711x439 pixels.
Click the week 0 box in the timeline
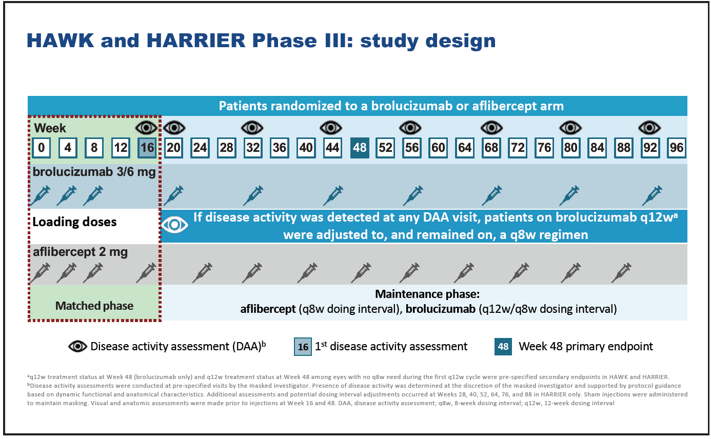[x=41, y=148]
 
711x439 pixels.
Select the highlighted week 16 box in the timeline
[x=147, y=148]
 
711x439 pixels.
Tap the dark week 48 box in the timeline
[x=360, y=148]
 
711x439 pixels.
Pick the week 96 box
[x=677, y=148]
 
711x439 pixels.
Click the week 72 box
[x=518, y=148]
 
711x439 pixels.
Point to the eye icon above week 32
[x=252, y=128]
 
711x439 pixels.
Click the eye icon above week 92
[x=650, y=128]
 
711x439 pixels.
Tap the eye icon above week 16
[x=146, y=128]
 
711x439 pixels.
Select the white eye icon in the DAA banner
[x=174, y=225]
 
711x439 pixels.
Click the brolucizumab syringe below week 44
[x=333, y=195]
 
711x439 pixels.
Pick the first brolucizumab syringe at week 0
[x=40, y=195]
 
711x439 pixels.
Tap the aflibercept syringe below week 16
[x=146, y=273]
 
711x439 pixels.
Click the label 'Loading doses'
[x=74, y=222]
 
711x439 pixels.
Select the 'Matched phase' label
[x=94, y=306]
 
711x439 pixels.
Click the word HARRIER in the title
[x=196, y=41]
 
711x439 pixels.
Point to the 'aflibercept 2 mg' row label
[x=81, y=252]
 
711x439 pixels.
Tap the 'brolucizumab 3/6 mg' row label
[x=94, y=172]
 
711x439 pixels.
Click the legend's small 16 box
[x=303, y=347]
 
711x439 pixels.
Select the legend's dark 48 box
[x=503, y=347]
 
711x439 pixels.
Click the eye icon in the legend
[x=78, y=346]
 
